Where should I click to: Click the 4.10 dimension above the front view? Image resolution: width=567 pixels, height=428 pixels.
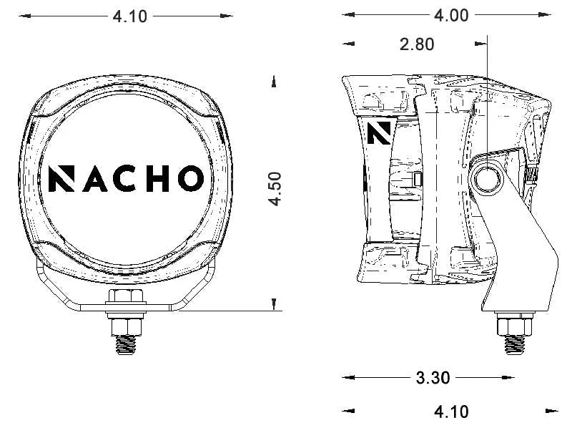(129, 16)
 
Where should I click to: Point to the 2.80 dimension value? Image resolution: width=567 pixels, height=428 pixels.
(417, 44)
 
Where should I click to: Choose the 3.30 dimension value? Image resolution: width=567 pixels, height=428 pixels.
(433, 378)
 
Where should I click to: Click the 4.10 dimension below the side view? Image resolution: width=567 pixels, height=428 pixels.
(451, 412)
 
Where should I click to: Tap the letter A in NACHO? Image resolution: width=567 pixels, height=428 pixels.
(95, 178)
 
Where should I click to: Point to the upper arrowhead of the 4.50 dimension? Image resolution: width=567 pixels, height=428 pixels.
(275, 82)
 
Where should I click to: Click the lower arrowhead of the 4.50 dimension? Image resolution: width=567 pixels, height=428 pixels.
(275, 306)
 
